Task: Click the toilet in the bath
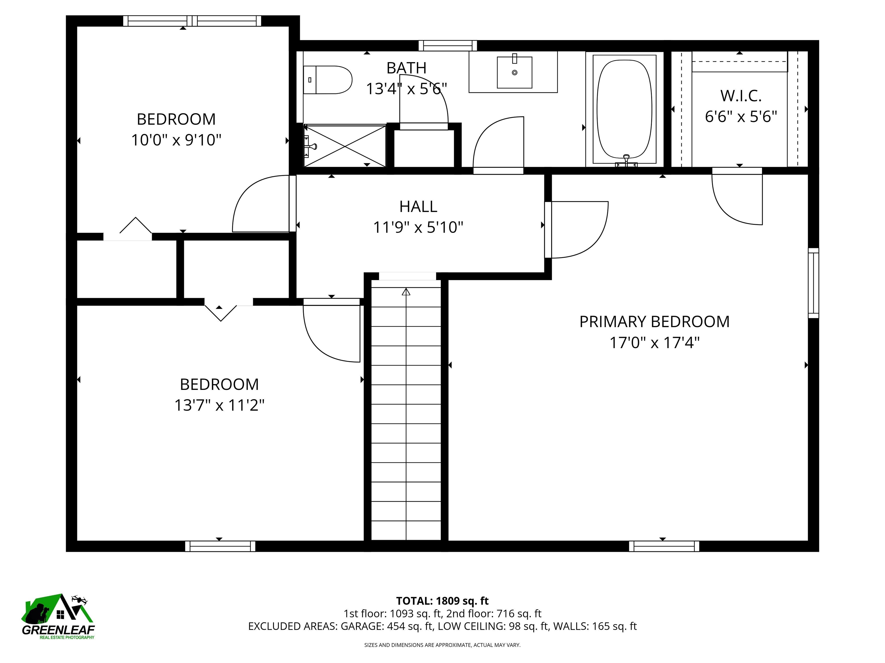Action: click(328, 80)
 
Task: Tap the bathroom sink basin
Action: click(515, 72)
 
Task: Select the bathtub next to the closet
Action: click(624, 109)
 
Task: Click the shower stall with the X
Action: click(345, 146)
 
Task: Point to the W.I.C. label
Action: click(741, 96)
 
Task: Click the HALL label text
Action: click(418, 207)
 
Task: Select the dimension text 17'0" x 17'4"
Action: click(654, 343)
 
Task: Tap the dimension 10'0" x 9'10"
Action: click(176, 140)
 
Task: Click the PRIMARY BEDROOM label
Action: click(654, 322)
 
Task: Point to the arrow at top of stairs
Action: click(406, 292)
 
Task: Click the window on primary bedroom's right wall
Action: click(813, 283)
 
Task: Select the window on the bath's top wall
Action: click(448, 45)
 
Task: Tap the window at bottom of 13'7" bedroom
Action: click(220, 546)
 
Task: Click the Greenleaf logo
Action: click(58, 616)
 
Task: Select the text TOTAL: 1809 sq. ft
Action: click(442, 601)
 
